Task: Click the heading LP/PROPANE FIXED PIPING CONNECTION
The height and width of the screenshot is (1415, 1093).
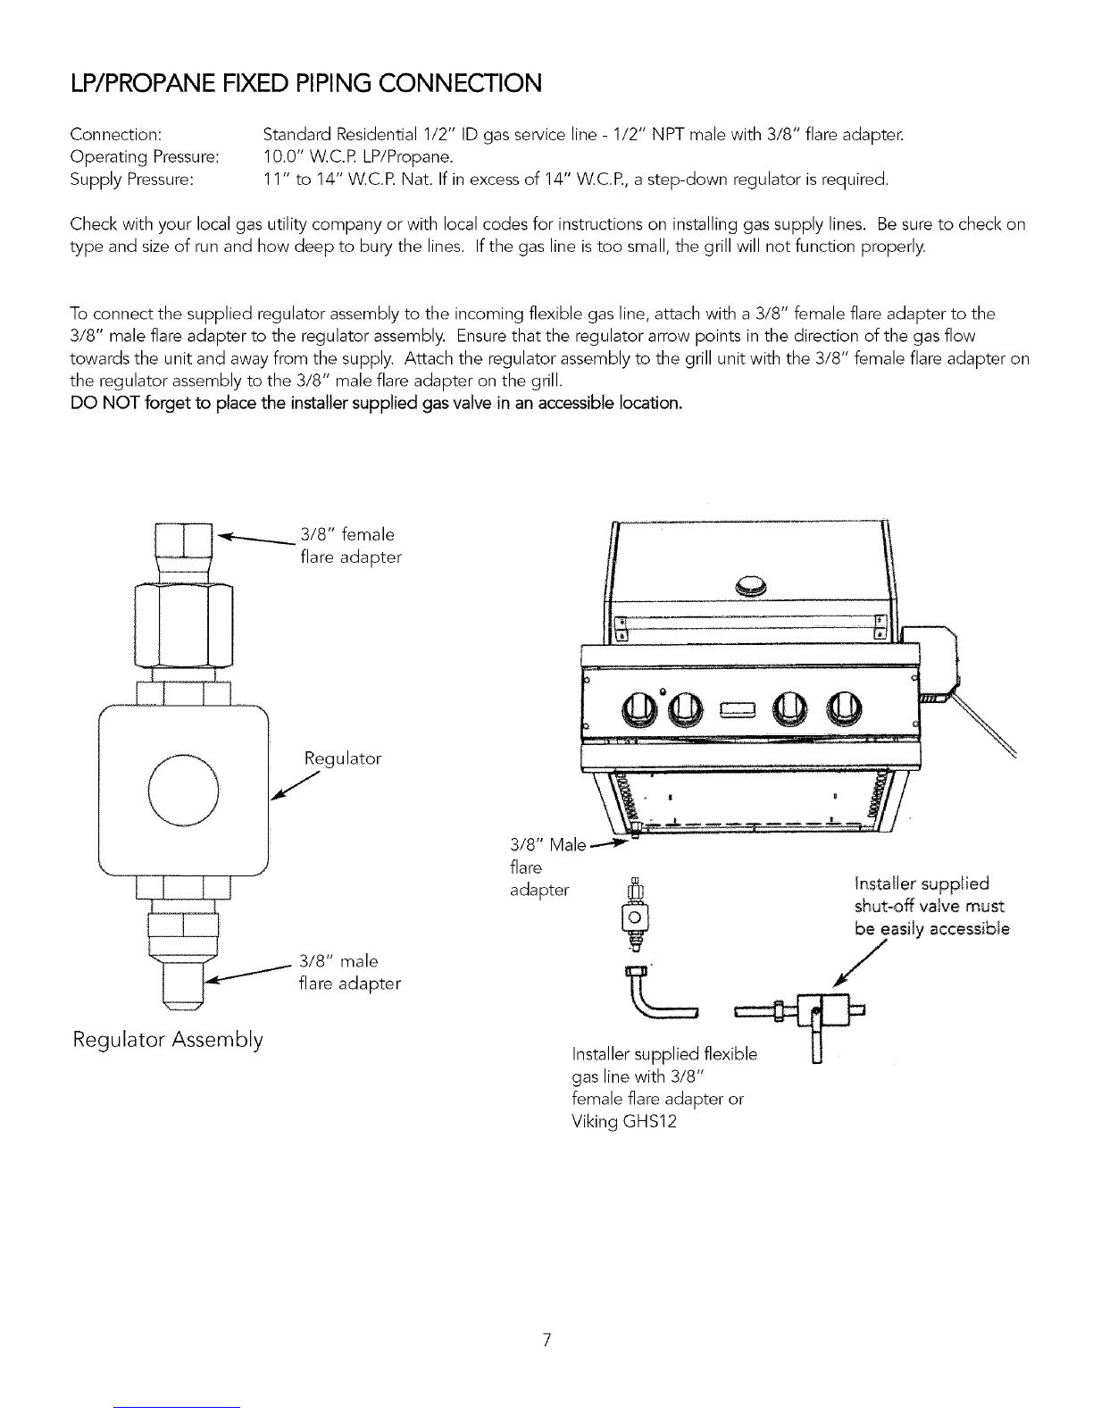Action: (x=305, y=84)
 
